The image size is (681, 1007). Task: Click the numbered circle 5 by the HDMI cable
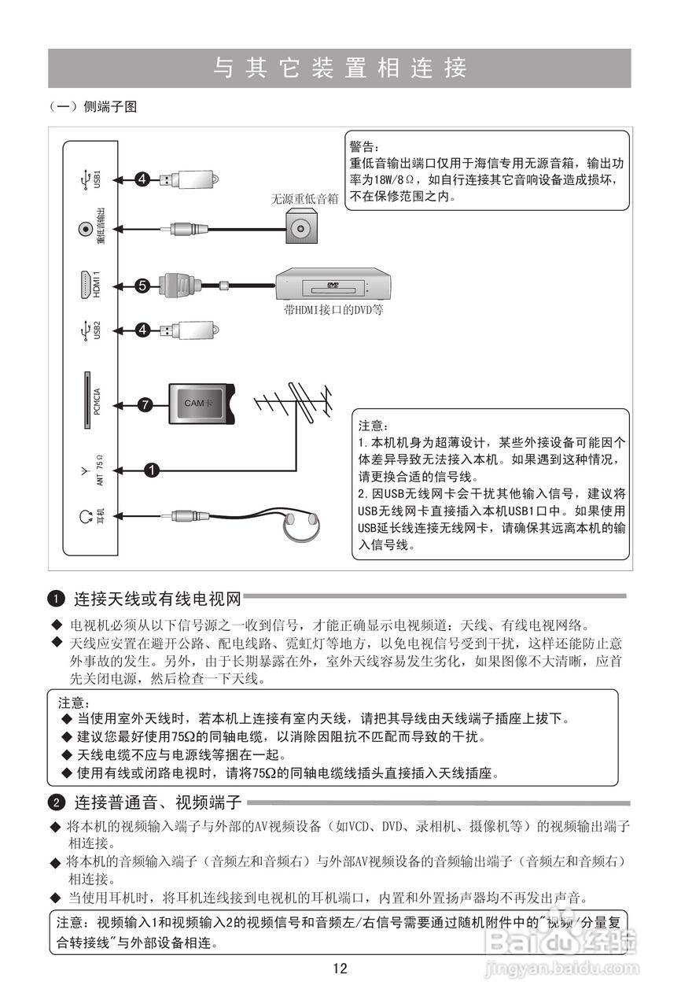coord(142,286)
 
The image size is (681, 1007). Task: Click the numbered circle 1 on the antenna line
coord(152,470)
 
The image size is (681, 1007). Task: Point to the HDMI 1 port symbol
coord(84,284)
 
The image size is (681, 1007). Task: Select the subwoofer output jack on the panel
coord(84,229)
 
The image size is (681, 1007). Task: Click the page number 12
coord(340,968)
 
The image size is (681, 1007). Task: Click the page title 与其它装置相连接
coord(340,68)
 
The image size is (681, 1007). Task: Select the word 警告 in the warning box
coord(364,146)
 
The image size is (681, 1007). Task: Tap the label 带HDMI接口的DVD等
coord(333,310)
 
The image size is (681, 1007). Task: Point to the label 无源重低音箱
coord(304,199)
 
